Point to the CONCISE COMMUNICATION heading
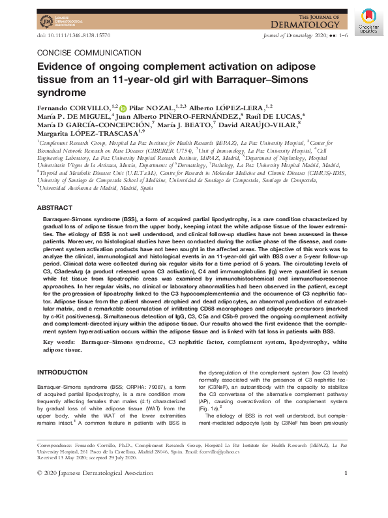click(x=89, y=53)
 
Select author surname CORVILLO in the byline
click(x=93, y=106)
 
